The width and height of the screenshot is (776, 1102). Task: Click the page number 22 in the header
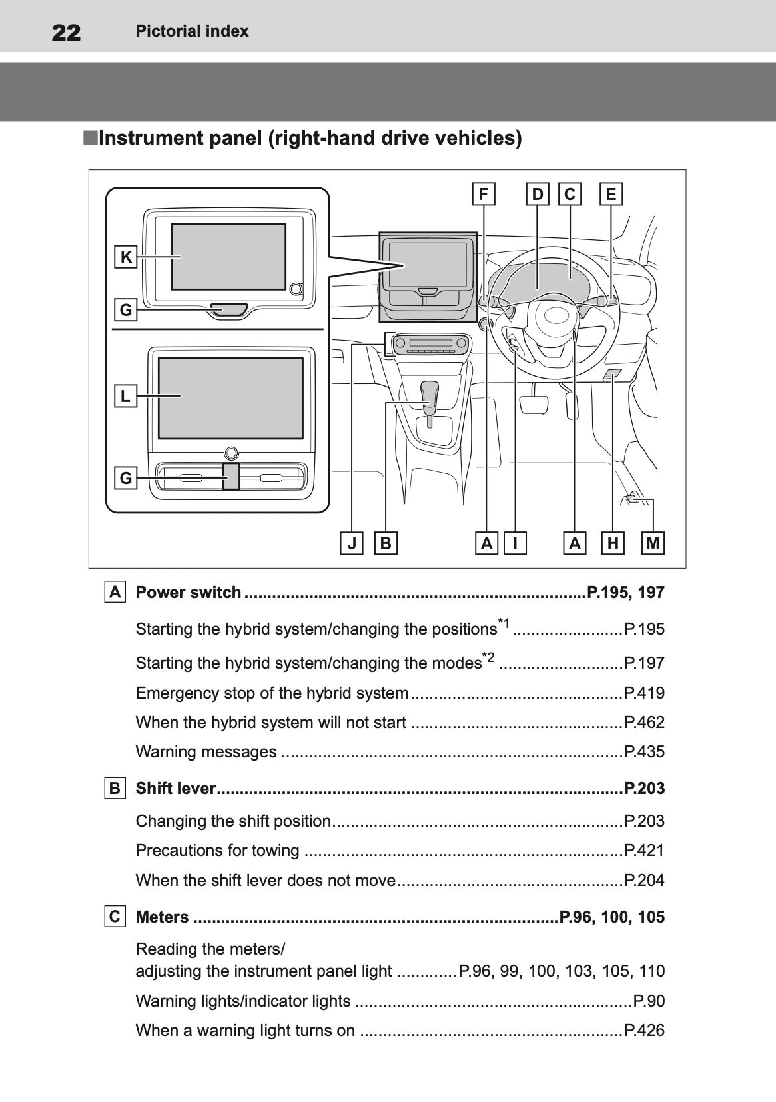tap(66, 32)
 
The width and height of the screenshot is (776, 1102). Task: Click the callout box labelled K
tap(126, 257)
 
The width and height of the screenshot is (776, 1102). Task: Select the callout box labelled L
tap(126, 396)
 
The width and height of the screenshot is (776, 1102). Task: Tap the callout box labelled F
tap(484, 194)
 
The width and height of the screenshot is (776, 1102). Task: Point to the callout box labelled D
tap(538, 194)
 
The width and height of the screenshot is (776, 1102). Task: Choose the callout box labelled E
tap(611, 194)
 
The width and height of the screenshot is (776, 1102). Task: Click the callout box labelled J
tap(352, 543)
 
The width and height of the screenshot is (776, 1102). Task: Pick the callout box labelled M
tap(653, 543)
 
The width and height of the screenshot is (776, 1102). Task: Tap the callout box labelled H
tap(613, 543)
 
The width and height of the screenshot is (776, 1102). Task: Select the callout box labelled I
tap(515, 543)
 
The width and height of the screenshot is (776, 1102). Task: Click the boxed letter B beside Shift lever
tap(115, 788)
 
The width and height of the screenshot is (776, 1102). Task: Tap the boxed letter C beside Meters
tap(115, 917)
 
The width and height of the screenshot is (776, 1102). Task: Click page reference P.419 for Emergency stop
tap(644, 693)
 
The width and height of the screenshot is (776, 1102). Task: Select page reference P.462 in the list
tap(644, 722)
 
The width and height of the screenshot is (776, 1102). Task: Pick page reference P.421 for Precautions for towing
tap(644, 850)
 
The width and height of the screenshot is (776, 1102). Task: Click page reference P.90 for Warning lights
tap(649, 1001)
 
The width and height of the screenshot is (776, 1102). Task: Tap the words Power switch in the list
tap(189, 592)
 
